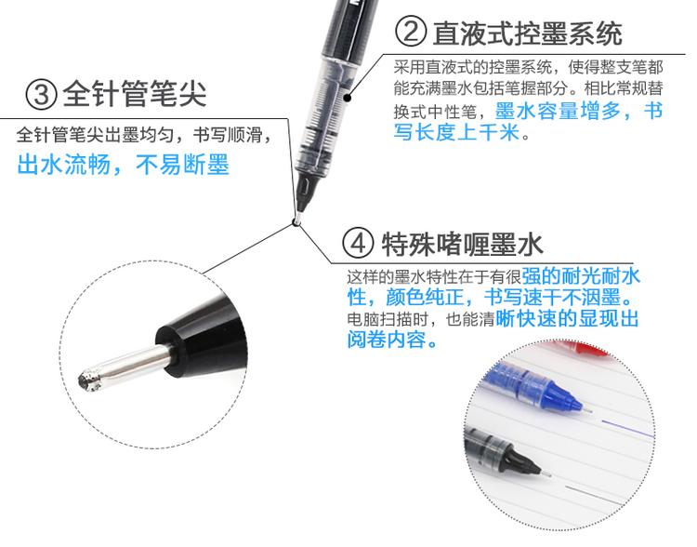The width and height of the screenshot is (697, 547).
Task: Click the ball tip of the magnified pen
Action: click(x=89, y=380)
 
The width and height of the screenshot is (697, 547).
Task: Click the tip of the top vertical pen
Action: click(x=296, y=220)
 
